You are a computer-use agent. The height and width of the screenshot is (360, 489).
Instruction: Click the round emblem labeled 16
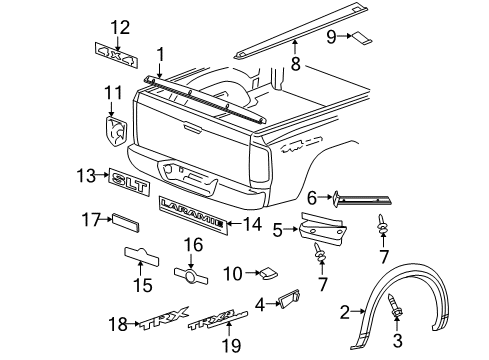[188, 273]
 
